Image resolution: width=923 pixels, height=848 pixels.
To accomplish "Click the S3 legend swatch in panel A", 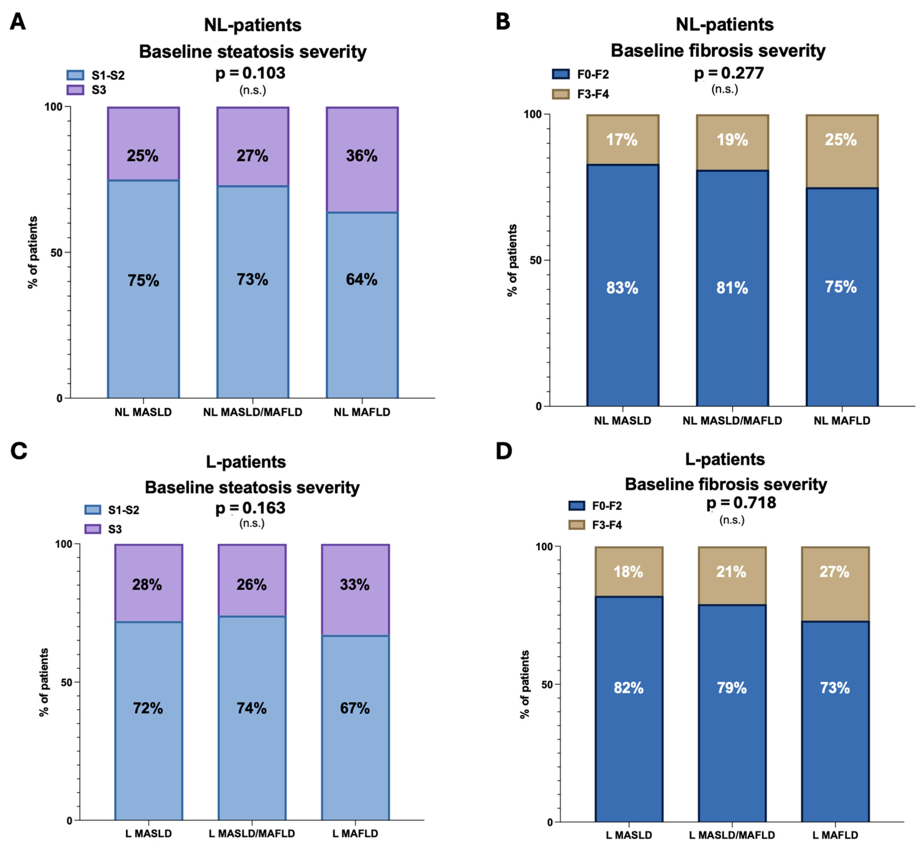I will coord(75,90).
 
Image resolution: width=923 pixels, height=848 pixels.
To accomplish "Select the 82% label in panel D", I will coord(629,688).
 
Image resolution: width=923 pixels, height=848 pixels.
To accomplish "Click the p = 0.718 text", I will coord(741,503).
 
